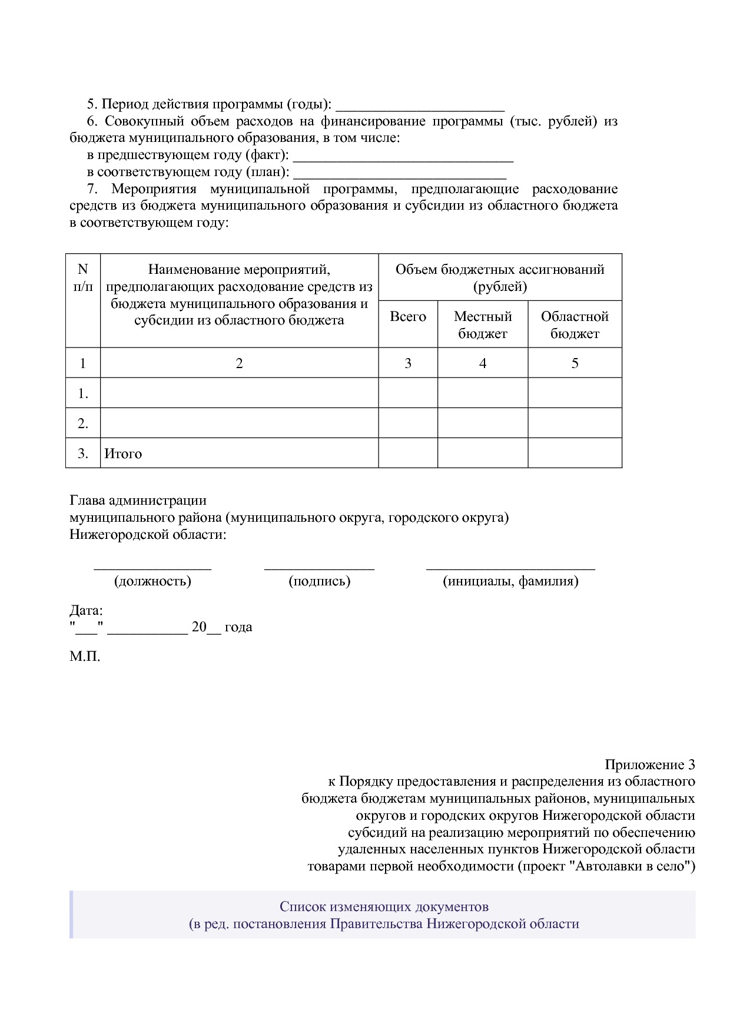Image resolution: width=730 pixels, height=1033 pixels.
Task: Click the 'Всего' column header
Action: (x=407, y=317)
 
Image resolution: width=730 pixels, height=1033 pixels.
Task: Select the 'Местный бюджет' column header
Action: (x=482, y=325)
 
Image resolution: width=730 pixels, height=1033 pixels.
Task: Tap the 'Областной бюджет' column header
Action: (x=574, y=325)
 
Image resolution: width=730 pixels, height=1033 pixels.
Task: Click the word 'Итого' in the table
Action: (x=123, y=454)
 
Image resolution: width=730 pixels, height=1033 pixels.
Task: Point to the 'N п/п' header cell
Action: (x=82, y=278)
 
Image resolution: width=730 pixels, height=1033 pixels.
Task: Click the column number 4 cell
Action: (x=482, y=363)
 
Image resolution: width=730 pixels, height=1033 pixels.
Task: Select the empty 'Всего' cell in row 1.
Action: (x=407, y=393)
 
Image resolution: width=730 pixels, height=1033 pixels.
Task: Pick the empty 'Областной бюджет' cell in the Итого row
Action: (x=574, y=453)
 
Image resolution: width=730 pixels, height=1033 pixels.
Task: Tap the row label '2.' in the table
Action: (x=83, y=423)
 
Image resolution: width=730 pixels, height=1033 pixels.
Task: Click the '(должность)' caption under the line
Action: (x=152, y=582)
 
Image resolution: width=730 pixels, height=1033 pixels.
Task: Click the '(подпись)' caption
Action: (x=319, y=582)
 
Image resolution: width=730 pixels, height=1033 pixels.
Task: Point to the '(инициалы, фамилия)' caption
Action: (x=510, y=582)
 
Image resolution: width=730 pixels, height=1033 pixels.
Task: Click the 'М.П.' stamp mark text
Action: (x=85, y=656)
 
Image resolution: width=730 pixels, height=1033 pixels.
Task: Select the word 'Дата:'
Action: (x=86, y=610)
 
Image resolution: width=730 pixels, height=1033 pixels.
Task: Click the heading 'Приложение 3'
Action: (x=649, y=765)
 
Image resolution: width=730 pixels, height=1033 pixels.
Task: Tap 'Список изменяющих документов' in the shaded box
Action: (x=384, y=906)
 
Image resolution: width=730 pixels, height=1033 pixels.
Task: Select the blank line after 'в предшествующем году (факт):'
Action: (x=403, y=157)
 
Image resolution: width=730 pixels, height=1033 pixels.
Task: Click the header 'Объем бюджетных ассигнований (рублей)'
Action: (x=500, y=278)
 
